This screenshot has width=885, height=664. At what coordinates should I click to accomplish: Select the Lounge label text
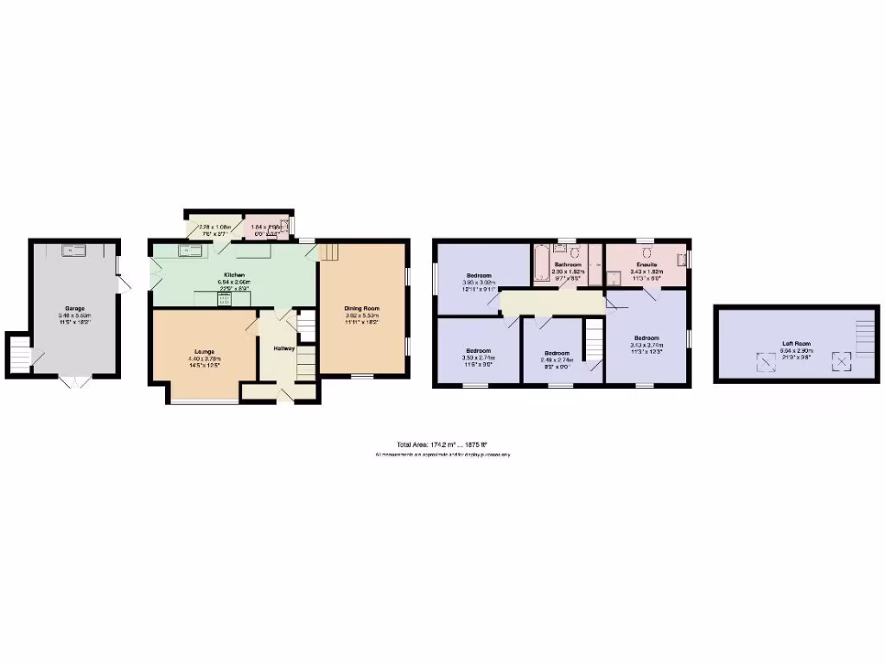click(x=204, y=351)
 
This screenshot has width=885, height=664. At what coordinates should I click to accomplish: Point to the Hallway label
click(x=284, y=348)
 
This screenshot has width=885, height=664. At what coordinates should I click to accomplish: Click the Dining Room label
click(x=362, y=309)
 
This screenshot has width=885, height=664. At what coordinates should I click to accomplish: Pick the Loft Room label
click(x=794, y=343)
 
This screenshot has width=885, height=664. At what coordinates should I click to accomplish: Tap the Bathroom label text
click(x=567, y=264)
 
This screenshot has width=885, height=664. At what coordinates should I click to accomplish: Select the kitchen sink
click(x=190, y=251)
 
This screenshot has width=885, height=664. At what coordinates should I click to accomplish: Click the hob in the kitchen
click(x=222, y=300)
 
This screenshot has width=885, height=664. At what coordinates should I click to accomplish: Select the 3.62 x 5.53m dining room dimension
click(x=362, y=316)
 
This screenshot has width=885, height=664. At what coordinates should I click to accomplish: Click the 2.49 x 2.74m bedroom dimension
click(x=557, y=359)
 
